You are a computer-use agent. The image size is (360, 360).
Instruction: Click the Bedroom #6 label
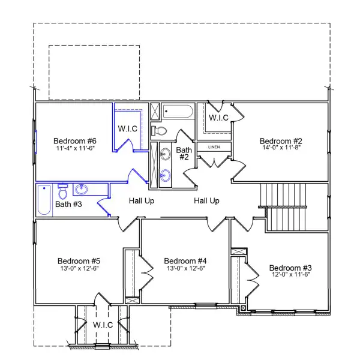[75, 141]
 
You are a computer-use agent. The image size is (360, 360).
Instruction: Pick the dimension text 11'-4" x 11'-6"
[75, 148]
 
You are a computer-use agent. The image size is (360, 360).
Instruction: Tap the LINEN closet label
[214, 147]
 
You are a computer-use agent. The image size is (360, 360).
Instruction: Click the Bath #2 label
[183, 154]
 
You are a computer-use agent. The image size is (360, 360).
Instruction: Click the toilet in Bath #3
[62, 191]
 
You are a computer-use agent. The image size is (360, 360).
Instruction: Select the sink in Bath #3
[82, 190]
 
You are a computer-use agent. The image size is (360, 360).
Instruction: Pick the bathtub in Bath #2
[178, 112]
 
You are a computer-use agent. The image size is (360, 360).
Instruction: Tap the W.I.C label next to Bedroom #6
[128, 128]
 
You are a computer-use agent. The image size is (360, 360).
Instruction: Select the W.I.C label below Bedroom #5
[103, 325]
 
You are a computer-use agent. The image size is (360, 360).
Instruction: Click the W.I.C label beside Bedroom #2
[218, 118]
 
